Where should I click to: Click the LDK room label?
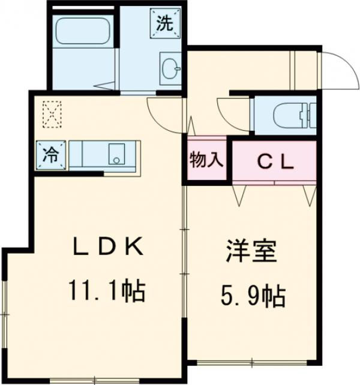108,246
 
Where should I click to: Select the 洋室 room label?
251,252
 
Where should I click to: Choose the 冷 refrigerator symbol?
50,154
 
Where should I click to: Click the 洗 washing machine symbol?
164,24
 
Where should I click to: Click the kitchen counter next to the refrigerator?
90,154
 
